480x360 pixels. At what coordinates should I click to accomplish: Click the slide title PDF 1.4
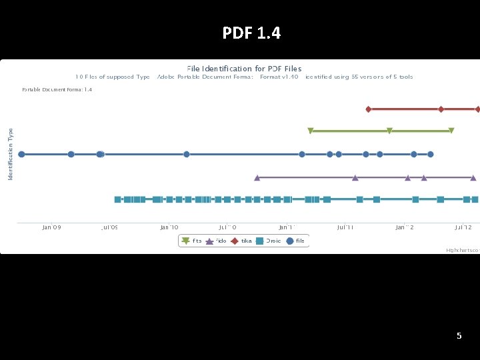pos(251,33)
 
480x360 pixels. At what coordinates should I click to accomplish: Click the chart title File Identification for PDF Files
pos(244,68)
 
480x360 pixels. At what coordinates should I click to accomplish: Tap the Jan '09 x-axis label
pos(51,227)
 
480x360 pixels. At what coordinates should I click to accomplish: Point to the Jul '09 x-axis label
pos(109,227)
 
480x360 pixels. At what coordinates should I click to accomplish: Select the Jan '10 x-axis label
pos(169,227)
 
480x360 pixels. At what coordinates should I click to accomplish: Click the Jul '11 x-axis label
pos(345,227)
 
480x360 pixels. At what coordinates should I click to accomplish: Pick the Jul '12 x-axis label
pos(463,227)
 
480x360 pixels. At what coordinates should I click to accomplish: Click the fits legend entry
pos(191,241)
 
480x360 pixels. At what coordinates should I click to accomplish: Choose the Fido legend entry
pos(216,241)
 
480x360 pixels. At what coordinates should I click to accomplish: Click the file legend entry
pos(296,241)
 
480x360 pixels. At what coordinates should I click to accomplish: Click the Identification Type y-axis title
pos(11,153)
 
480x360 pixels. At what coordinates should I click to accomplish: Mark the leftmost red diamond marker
pos(368,109)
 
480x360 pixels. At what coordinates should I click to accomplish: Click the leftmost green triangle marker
pos(310,131)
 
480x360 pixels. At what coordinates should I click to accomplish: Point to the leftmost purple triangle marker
pos(257,177)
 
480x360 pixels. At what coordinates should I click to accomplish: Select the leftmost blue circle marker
pos(21,154)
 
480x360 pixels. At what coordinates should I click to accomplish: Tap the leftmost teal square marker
pos(117,199)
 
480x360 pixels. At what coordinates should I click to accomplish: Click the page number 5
pos(459,336)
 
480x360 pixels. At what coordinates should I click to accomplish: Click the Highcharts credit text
pos(463,250)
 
